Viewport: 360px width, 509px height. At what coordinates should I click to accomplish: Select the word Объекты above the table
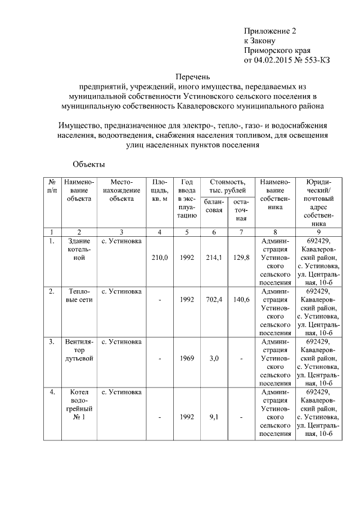coord(89,164)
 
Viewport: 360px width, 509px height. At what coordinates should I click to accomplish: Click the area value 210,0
coord(160,258)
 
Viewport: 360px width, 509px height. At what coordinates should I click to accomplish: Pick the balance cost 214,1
coord(214,258)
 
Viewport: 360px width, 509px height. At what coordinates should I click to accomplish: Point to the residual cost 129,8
coord(240,258)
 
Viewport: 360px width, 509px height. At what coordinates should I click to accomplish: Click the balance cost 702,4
coord(214,300)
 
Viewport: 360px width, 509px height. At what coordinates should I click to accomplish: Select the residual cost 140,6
coord(240,300)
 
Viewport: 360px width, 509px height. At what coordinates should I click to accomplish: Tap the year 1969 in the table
coord(187,358)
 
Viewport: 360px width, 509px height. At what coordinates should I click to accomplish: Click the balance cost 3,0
coord(214,358)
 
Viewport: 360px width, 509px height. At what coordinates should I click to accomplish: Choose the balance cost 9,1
coord(214,417)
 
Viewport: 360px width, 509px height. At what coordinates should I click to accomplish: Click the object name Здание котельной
coord(79,249)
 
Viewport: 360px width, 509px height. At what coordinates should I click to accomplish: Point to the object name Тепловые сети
coord(79,295)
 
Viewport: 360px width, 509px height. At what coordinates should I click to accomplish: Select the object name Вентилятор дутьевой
coord(79,349)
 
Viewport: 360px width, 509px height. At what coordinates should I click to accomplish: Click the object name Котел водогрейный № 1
coord(79,404)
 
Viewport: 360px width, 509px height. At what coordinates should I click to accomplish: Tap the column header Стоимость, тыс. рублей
coord(227,186)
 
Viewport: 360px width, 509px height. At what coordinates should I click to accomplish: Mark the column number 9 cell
coord(318,232)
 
